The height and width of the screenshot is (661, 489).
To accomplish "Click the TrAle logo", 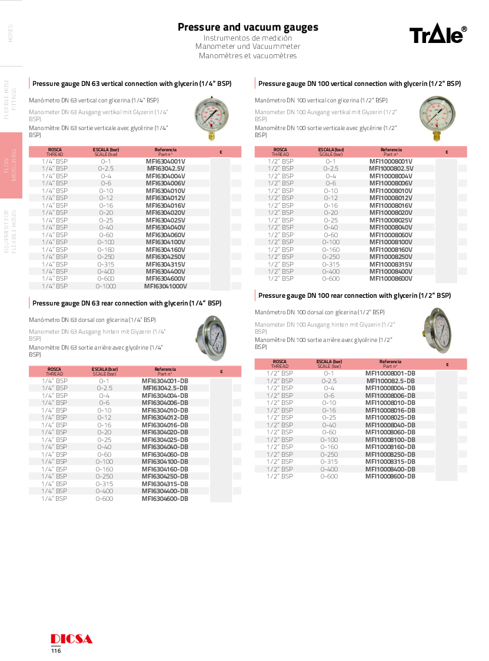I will [438, 35].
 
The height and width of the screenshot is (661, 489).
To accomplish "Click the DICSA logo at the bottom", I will [71, 639].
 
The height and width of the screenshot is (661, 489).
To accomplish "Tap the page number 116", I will [56, 650].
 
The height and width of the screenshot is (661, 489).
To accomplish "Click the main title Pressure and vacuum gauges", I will [248, 27].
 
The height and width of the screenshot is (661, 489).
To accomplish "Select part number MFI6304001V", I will [165, 161].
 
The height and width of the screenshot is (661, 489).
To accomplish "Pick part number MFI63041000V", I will [165, 286].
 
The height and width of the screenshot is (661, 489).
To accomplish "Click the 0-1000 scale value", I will [106, 286].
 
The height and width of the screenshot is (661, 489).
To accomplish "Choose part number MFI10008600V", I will [391, 278].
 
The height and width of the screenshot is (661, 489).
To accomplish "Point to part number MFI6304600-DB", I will [165, 499].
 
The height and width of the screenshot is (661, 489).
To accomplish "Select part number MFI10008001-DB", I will [390, 373].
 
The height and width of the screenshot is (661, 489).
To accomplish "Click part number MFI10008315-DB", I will [390, 461].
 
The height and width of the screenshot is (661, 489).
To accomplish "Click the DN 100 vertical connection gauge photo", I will [437, 118].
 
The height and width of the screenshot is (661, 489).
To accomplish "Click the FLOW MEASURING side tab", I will [11, 165].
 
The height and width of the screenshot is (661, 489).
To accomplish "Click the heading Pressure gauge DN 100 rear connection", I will [354, 295].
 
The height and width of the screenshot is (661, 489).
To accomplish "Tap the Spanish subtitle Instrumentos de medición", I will [248, 38].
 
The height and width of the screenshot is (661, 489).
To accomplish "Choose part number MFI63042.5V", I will [165, 168].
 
